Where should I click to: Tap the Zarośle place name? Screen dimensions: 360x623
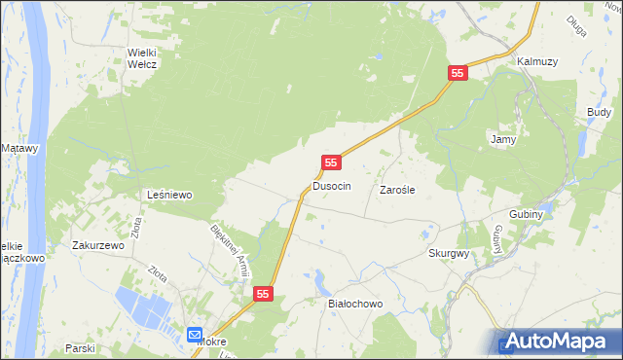397,191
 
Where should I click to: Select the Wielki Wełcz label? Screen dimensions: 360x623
142,58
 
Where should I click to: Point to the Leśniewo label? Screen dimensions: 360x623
169,195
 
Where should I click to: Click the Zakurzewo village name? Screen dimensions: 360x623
98,246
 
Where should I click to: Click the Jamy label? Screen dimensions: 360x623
502,139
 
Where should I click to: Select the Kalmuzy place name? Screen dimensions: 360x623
537,60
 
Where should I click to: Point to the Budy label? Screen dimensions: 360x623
599,113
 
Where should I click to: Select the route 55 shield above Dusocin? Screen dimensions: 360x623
332,163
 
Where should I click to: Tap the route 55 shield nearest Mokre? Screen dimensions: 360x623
264,293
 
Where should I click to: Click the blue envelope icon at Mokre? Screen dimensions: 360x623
195,333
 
